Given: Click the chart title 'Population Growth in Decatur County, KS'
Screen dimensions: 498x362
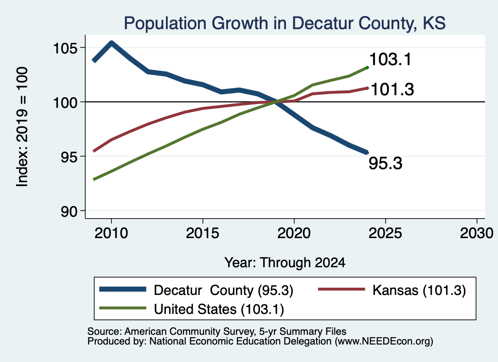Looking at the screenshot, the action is tap(285, 23).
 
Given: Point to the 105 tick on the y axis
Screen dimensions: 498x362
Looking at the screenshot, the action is tap(65, 48).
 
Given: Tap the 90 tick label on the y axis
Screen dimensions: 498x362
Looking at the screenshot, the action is tap(69, 211).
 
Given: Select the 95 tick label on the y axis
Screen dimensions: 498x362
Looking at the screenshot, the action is tap(69, 157).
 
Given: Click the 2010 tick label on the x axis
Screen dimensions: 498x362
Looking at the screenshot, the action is tap(111, 233).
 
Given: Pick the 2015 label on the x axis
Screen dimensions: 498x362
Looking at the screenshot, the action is tap(203, 233).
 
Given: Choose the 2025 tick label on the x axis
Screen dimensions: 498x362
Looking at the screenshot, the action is tap(385, 233).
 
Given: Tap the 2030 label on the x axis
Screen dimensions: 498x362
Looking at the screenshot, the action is tap(477, 233).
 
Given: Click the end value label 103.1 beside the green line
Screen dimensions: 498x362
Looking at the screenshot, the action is tap(391, 59).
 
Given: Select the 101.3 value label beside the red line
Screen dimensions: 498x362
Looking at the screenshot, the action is tap(392, 89).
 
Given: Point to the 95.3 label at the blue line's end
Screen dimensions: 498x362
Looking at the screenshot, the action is tap(386, 163).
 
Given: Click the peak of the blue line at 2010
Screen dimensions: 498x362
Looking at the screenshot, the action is tap(111, 43).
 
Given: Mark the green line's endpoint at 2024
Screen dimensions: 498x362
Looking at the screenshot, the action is tap(367, 68).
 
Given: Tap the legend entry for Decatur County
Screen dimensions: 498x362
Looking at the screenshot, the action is tap(196, 290).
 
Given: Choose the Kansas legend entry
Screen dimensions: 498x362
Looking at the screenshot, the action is tap(392, 290).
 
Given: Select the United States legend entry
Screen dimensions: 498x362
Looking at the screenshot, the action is tap(192, 309).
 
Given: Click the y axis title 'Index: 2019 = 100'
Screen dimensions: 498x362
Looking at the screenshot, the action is tap(22, 127).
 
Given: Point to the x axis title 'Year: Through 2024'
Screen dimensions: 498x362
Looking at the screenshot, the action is tap(285, 263).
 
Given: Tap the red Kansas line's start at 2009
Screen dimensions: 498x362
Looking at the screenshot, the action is tap(94, 151).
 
